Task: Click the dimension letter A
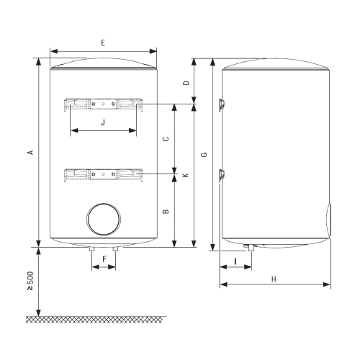(30, 152)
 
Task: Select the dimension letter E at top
(103, 43)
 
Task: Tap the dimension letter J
(103, 122)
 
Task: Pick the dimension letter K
(186, 176)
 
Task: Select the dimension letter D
(186, 83)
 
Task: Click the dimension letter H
(275, 277)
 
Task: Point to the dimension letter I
(235, 260)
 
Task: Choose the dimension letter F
(104, 258)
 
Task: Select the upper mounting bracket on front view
(104, 105)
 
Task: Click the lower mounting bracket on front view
(104, 175)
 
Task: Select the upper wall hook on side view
(222, 102)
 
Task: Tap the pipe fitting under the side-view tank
(249, 248)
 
